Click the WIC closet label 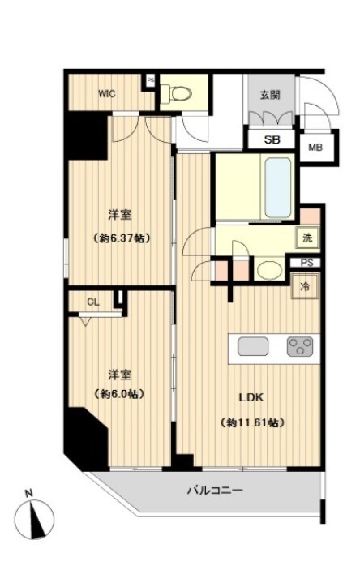pos(107,94)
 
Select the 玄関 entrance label pos(270,95)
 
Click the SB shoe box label pos(272,139)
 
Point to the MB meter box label pos(315,148)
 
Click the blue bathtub pos(278,187)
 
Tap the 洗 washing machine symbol pos(307,238)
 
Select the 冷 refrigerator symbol pos(305,286)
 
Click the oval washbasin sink pos(269,270)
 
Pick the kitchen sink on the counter pos(253,346)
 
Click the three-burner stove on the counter pos(300,346)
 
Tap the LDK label pos(251,397)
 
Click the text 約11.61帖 pos(251,422)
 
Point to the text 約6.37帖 pos(121,238)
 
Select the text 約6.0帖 pos(119,394)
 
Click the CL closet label pos(93,302)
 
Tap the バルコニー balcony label pos(215,491)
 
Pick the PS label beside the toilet pos(150,80)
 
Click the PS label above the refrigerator pos(307,263)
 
